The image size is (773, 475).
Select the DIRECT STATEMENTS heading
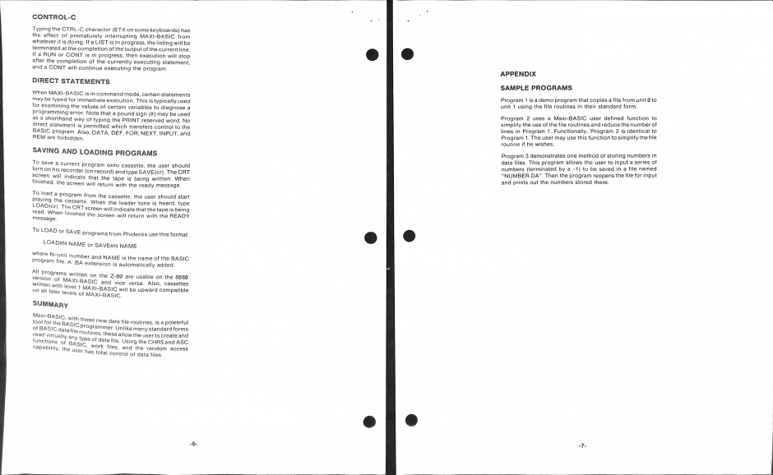coord(71,81)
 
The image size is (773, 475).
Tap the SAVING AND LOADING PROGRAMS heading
coord(95,152)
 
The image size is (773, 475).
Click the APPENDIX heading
coord(518,74)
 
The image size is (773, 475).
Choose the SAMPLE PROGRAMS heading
coord(536,87)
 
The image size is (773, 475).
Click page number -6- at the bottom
coord(193,444)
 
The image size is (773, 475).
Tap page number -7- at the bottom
coord(581,445)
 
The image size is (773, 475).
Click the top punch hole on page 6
coord(372,54)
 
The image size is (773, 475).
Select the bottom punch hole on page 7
coord(411,421)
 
